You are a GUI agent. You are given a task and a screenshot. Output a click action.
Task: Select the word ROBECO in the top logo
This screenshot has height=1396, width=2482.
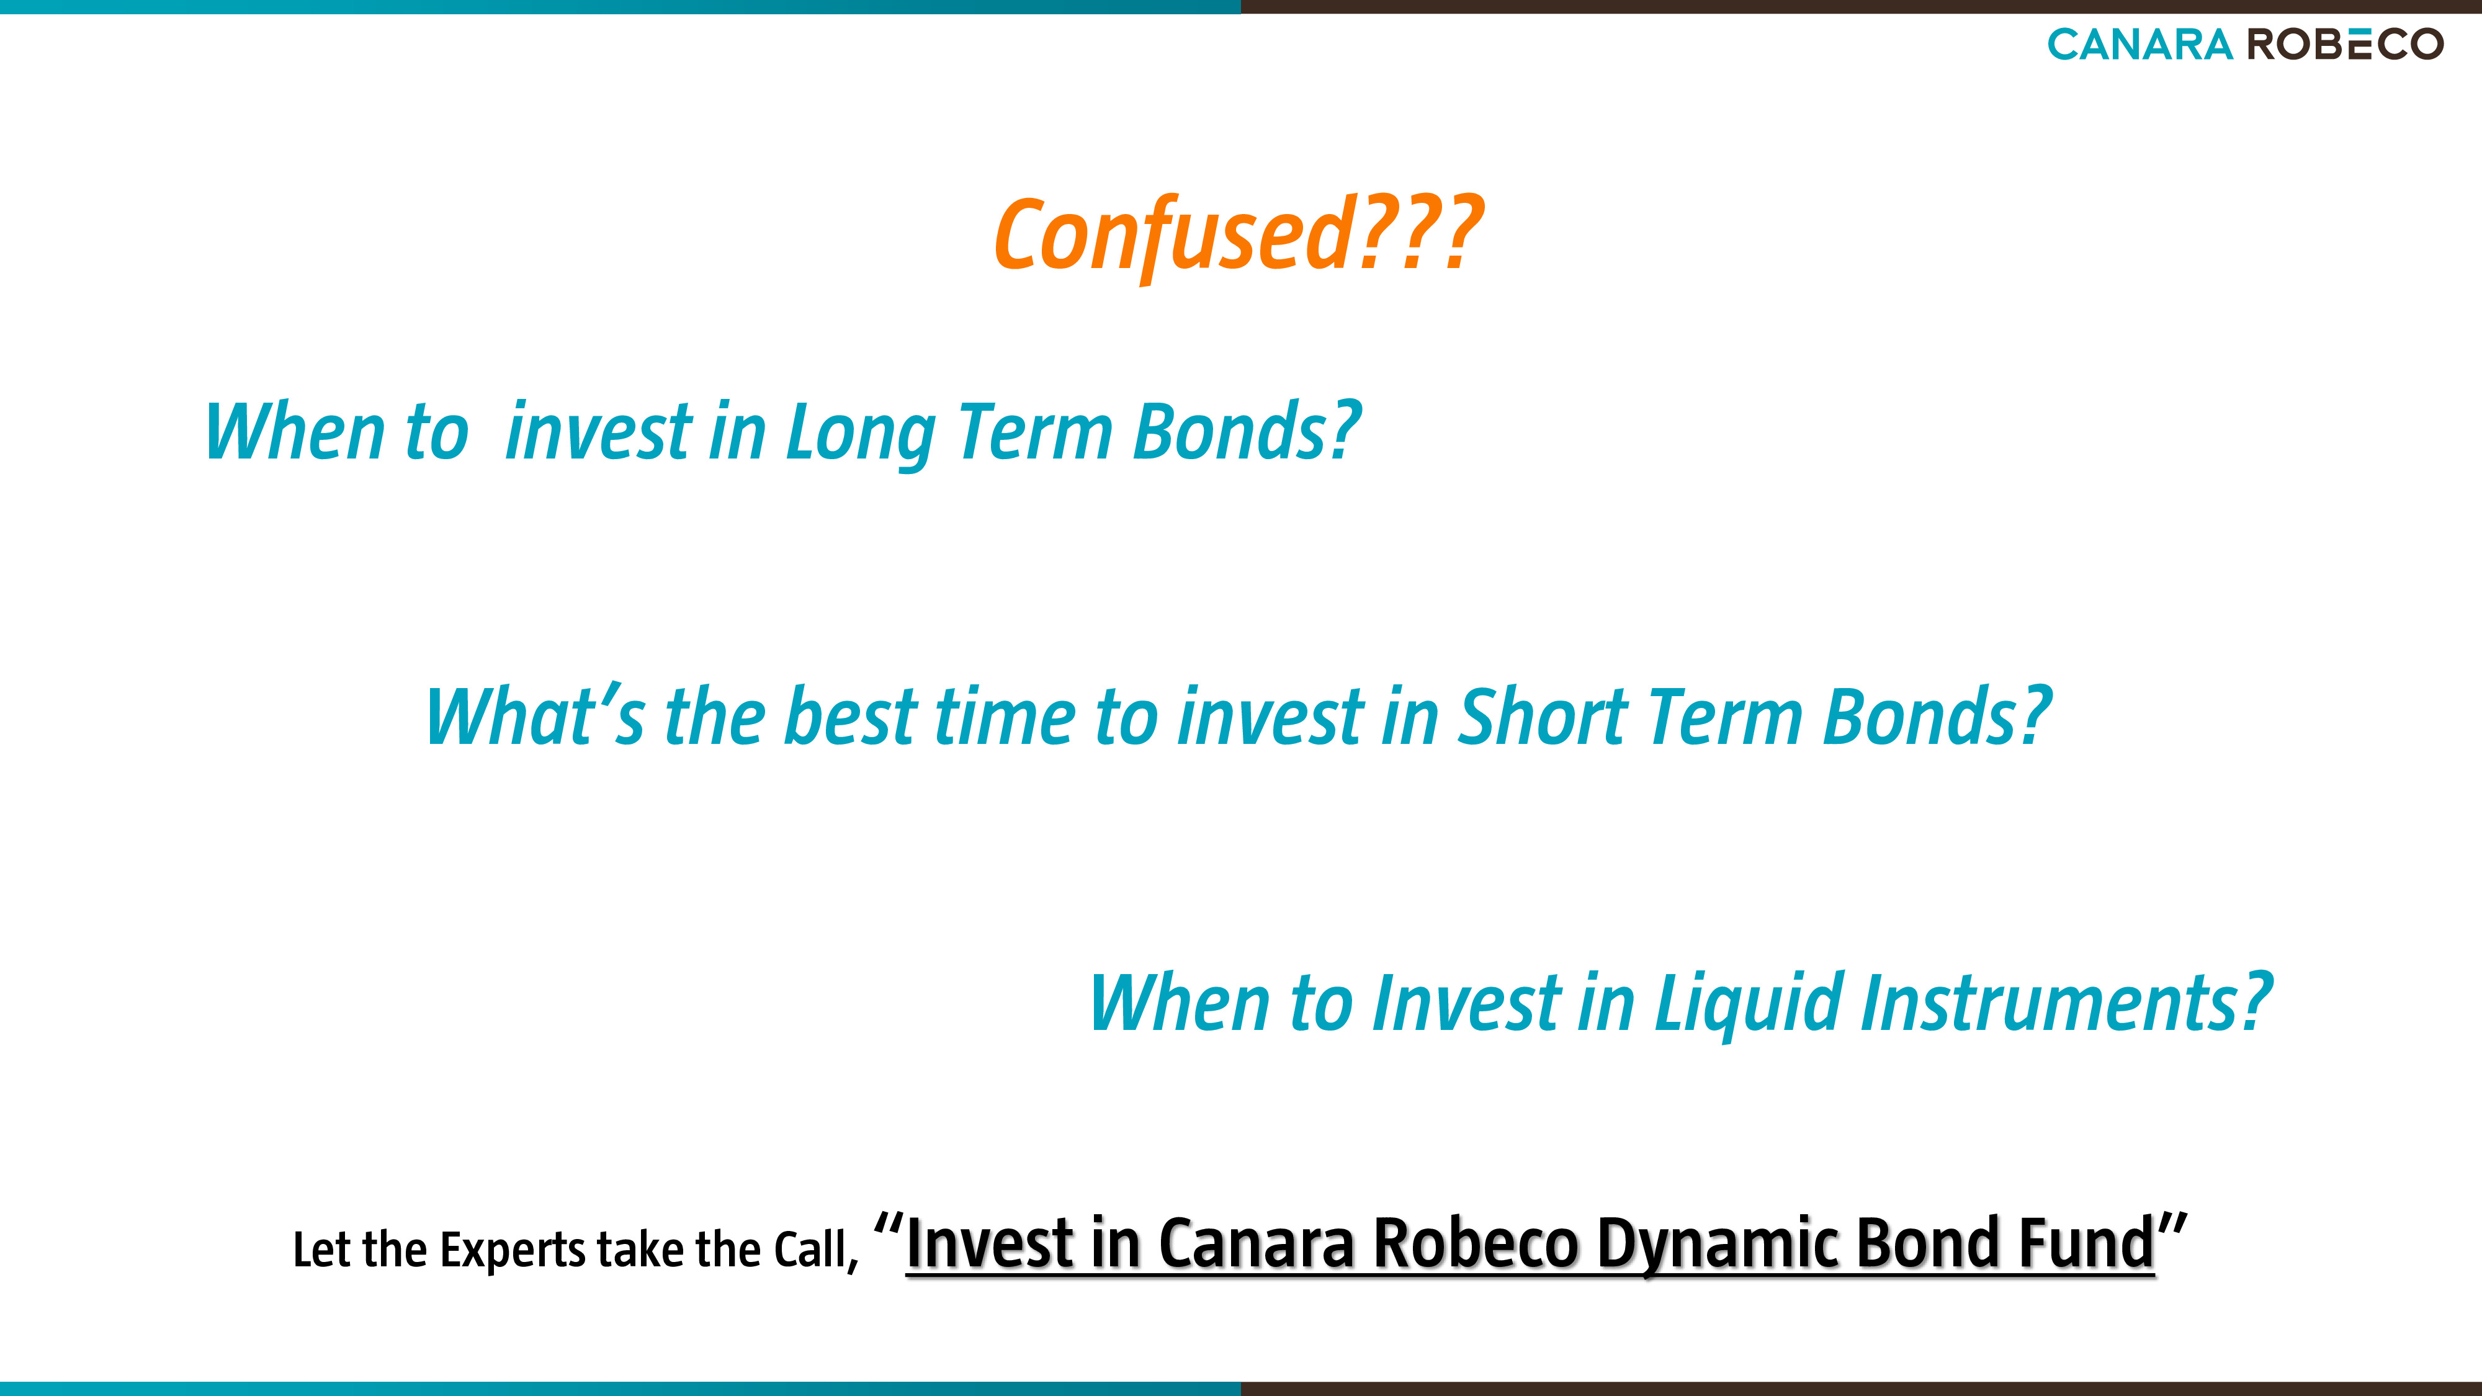(x=2346, y=44)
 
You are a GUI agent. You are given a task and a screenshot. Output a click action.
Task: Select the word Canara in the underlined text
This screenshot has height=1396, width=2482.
(x=1257, y=1243)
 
